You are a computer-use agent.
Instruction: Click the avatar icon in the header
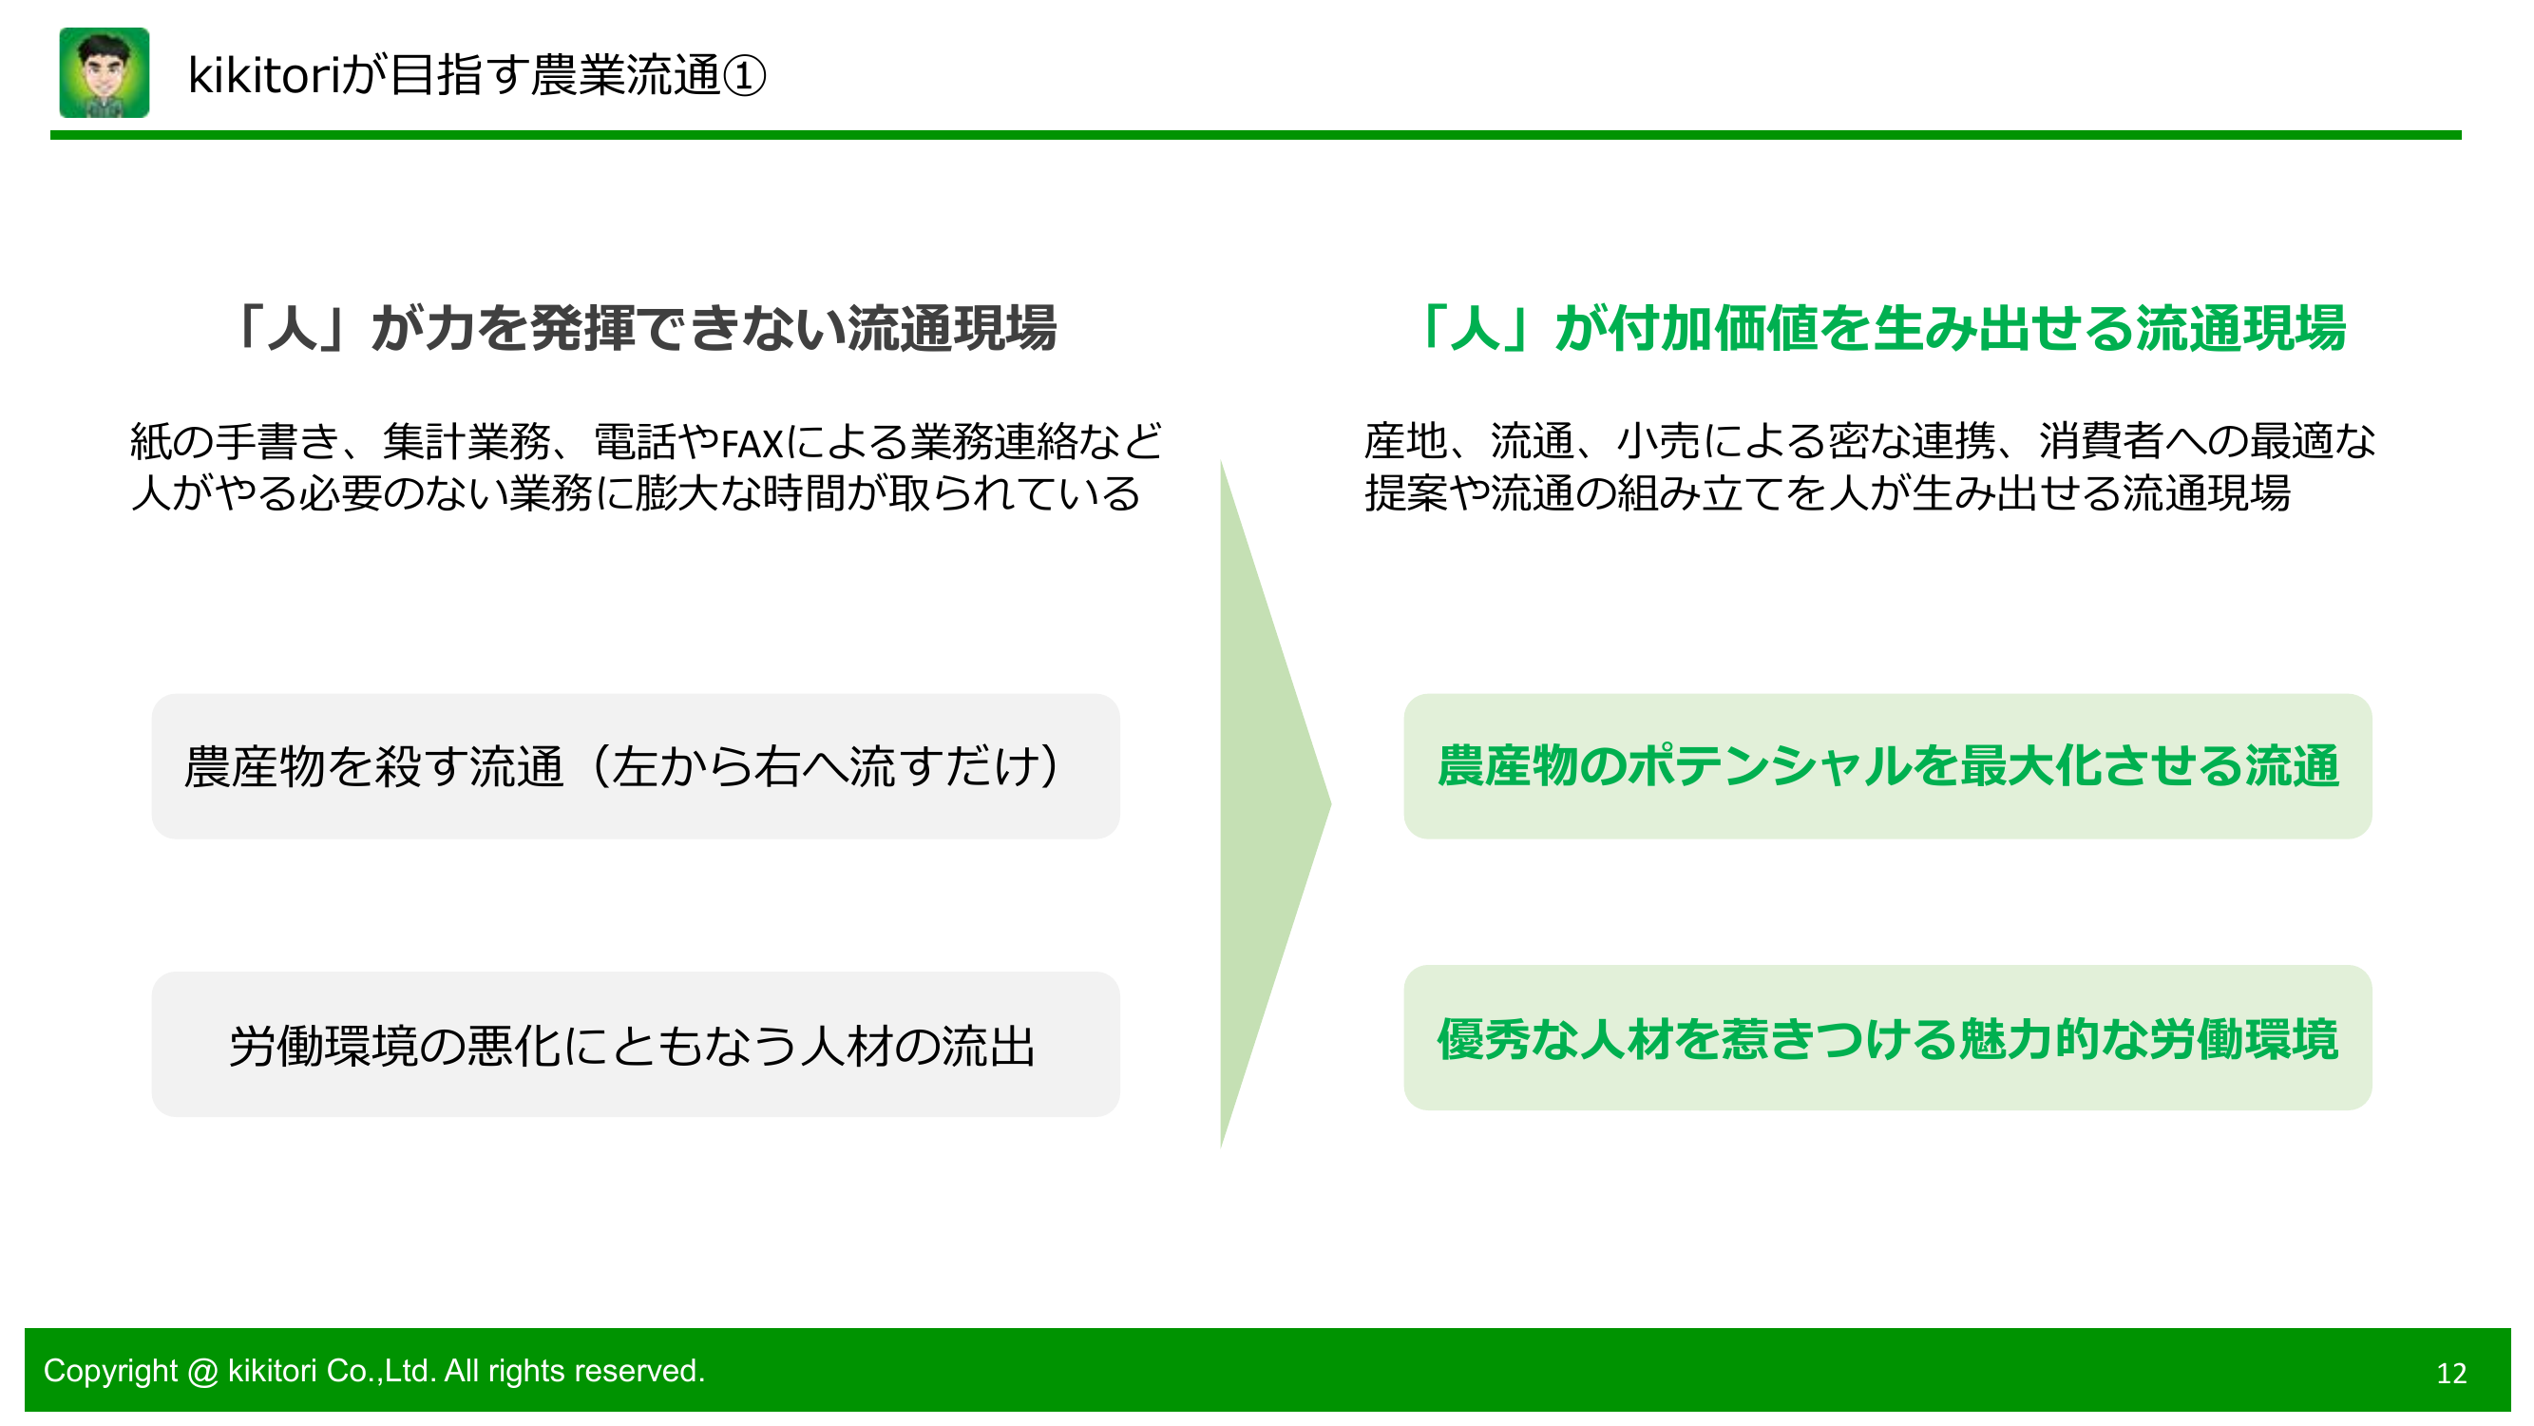[105, 73]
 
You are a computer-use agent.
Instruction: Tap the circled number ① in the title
[744, 76]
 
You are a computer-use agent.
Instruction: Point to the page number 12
[2450, 1373]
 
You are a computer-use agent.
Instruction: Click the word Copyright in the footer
[110, 1370]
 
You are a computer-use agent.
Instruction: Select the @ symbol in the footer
[201, 1371]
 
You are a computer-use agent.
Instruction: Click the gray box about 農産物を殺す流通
[636, 766]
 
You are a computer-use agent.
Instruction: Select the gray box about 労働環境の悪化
[636, 1044]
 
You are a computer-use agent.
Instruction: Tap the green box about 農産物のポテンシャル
[1887, 766]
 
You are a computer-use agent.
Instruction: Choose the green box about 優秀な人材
[1887, 1038]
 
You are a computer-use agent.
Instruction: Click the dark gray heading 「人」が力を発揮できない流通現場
[643, 328]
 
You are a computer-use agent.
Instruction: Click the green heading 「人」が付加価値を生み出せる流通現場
[1878, 328]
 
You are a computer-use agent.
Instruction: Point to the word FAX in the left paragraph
[752, 444]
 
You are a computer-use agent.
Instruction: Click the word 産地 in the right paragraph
[1404, 441]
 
